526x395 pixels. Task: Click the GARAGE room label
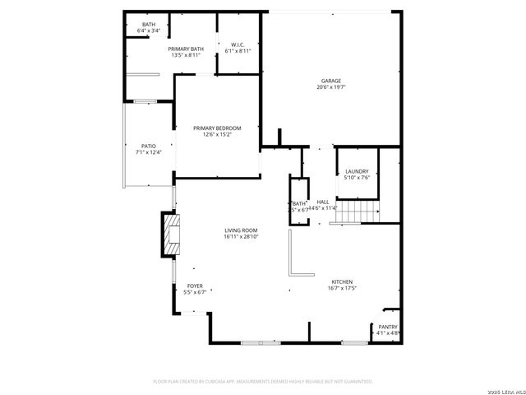coord(330,81)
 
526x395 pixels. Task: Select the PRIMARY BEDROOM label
coord(217,128)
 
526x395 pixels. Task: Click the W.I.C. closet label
coord(238,44)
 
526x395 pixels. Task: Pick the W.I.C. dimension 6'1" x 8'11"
coord(238,51)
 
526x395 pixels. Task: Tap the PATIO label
coord(149,146)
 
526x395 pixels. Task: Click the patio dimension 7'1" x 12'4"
coord(149,152)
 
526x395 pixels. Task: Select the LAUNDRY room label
coord(357,171)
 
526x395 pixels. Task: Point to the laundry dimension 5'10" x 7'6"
coord(357,177)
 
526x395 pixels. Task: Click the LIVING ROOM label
coord(241,230)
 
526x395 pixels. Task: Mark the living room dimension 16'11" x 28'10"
coord(241,237)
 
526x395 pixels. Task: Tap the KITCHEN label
coord(341,281)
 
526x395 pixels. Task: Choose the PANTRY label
coord(388,327)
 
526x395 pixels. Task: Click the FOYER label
coord(195,286)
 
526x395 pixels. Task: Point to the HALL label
coord(323,202)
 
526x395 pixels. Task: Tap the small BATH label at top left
coord(149,25)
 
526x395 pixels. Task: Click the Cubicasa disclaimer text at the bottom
coord(263,382)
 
